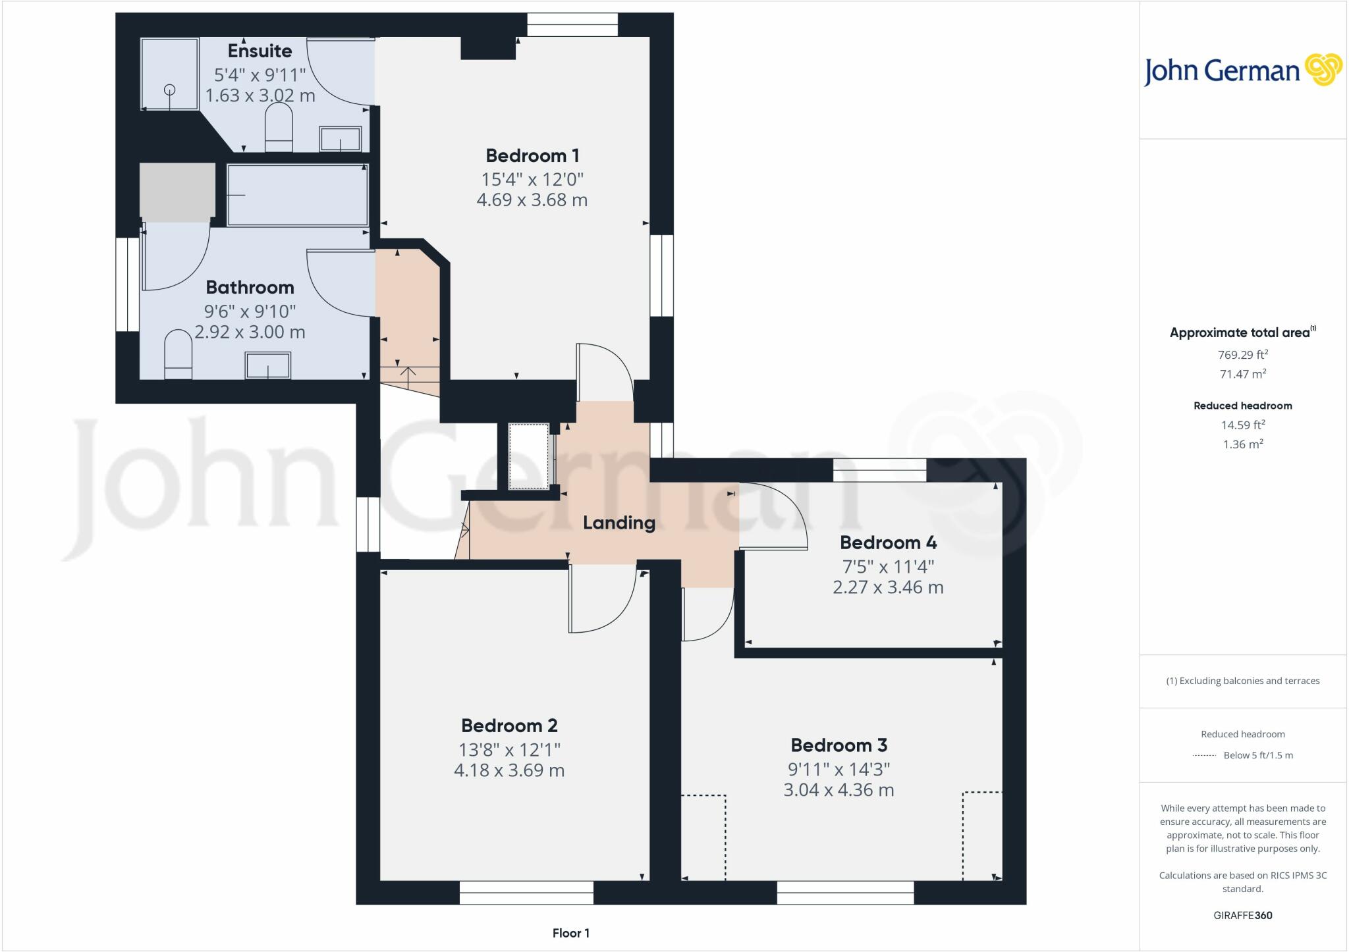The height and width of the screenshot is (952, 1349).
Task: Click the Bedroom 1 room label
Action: coord(532,156)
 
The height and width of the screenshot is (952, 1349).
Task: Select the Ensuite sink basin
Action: coord(340,139)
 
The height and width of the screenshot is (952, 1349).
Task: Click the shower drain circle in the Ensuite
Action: coord(170,90)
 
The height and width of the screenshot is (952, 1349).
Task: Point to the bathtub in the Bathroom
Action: coord(297,195)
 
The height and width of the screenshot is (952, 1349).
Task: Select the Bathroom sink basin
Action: coord(267,365)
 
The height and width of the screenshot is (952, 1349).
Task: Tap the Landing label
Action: coord(619,523)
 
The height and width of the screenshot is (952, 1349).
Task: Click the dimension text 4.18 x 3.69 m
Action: coord(509,770)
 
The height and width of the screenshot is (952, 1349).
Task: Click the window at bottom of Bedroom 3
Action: coord(845,893)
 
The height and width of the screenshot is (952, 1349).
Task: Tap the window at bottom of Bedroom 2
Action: coord(526,893)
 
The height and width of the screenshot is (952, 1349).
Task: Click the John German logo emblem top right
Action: coord(1323,69)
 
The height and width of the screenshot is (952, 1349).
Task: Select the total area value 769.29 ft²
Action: coord(1242,355)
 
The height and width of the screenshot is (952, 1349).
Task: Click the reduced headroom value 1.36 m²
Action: coord(1242,444)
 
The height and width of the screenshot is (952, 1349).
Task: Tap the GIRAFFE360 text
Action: coord(1242,915)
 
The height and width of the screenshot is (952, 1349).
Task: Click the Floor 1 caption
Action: coord(570,933)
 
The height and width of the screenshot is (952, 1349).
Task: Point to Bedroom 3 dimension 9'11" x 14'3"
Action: coord(839,769)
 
